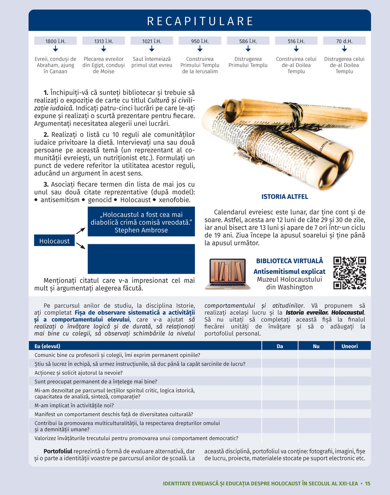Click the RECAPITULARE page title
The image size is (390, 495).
coord(200,21)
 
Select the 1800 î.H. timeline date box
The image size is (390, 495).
coord(55,41)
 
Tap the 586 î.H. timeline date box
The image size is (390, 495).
coord(248,41)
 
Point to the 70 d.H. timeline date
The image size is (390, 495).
coord(344,41)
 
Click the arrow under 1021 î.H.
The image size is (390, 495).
coord(152,49)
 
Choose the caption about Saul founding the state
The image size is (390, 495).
coord(152,62)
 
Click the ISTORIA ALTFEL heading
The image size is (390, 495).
coord(285,197)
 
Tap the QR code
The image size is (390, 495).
coord(349,273)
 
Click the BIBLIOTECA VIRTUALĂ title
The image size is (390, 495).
coord(289,261)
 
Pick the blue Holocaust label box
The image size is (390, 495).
coord(54,241)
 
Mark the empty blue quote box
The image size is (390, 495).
coord(141,259)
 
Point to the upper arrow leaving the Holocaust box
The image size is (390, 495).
coord(81,230)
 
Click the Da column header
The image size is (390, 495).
coord(280,346)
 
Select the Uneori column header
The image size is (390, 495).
coord(349,346)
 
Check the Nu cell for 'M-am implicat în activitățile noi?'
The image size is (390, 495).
coord(316,405)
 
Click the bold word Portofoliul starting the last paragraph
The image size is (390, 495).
coord(58,451)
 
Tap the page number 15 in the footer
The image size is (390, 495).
coord(368,483)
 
